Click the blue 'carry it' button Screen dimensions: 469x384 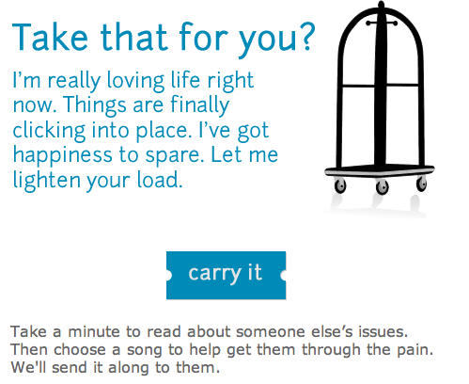(x=226, y=275)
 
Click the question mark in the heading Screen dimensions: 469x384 (x=306, y=36)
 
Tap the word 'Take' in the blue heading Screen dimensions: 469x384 (x=50, y=37)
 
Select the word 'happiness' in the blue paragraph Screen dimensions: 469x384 (x=62, y=155)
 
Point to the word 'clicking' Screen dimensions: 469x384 (x=49, y=131)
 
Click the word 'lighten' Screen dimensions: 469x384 (x=47, y=181)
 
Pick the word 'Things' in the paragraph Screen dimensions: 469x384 (x=94, y=105)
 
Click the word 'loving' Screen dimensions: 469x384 (x=135, y=81)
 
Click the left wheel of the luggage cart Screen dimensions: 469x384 (x=340, y=185)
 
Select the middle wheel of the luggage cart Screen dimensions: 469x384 (x=382, y=187)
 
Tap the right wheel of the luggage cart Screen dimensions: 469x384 (x=422, y=184)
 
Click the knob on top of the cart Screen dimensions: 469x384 (x=381, y=5)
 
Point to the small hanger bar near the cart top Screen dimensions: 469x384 (x=382, y=24)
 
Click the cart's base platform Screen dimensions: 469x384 (x=380, y=171)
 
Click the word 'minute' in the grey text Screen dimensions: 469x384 (x=94, y=332)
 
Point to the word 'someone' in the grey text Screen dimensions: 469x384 (x=271, y=332)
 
